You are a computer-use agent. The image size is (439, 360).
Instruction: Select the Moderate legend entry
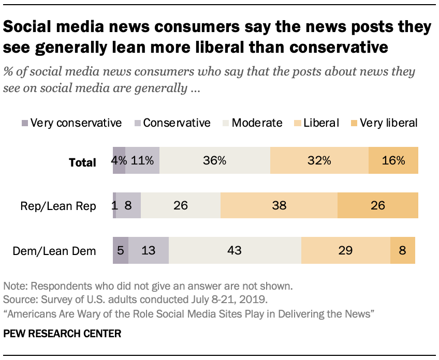[x=256, y=123]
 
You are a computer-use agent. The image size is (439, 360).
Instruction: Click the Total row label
[x=83, y=162]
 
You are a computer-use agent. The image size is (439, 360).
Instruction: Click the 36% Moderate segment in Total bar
[x=215, y=161]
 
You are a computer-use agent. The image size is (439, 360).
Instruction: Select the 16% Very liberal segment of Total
[x=393, y=161]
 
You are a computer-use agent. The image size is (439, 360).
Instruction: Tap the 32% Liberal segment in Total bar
[x=319, y=161]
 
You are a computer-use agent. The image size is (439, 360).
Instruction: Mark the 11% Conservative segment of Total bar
[x=142, y=161]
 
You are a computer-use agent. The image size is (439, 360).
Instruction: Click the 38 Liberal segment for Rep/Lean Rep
[x=279, y=205]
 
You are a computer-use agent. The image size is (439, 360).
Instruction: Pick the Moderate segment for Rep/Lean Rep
[x=180, y=205]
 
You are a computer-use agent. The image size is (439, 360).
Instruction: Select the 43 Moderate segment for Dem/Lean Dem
[x=235, y=250]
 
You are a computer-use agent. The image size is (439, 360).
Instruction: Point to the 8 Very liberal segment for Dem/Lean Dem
[x=403, y=250]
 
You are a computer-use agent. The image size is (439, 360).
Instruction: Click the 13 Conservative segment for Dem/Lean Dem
[x=149, y=250]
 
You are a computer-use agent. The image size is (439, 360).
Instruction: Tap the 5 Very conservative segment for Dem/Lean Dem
[x=121, y=250]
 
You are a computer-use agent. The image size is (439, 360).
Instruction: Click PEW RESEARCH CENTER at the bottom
[x=62, y=334]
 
